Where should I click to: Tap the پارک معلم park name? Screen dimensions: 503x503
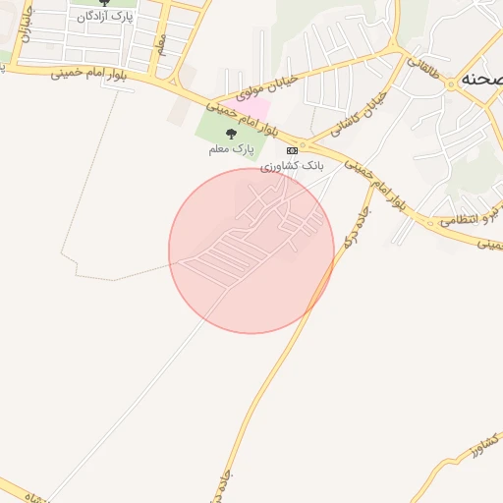click(231, 149)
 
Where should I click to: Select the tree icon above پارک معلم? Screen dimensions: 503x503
click(231, 134)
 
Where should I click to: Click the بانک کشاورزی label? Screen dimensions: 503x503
click(292, 166)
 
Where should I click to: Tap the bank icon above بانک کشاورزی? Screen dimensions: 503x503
click(292, 150)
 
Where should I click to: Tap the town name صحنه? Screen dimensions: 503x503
click(478, 82)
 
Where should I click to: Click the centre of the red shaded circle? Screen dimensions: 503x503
click(251, 251)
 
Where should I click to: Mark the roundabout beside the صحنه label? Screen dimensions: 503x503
click(451, 84)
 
